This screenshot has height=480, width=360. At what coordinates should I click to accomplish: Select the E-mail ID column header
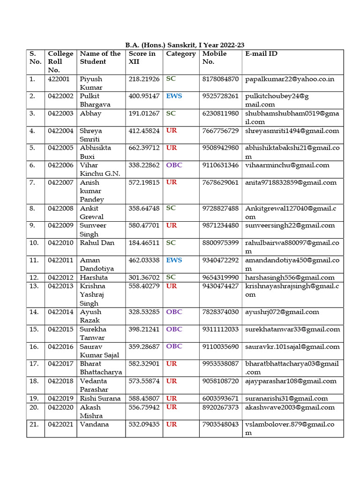(261, 54)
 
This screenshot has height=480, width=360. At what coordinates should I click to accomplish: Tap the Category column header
(180, 54)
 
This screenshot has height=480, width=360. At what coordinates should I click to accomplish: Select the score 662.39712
(144, 148)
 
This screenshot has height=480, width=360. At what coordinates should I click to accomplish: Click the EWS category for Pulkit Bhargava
(174, 96)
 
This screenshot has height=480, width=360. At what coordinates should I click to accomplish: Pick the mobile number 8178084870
(220, 79)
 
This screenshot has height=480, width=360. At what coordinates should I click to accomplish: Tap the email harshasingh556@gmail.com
(290, 277)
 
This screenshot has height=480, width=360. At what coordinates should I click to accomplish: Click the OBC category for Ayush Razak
(174, 312)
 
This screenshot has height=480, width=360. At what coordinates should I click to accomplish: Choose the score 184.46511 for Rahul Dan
(144, 243)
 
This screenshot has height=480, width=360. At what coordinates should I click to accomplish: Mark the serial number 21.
(34, 425)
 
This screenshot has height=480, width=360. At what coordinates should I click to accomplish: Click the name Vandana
(94, 425)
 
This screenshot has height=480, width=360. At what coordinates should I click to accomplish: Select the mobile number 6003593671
(220, 398)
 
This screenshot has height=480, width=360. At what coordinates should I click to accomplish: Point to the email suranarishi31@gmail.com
(286, 398)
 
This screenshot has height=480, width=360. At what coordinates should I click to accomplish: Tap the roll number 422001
(59, 79)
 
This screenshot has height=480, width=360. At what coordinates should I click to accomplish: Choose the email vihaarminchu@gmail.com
(287, 165)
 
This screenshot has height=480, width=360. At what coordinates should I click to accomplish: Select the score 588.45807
(144, 398)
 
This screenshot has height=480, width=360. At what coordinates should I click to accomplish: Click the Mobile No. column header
(214, 58)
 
